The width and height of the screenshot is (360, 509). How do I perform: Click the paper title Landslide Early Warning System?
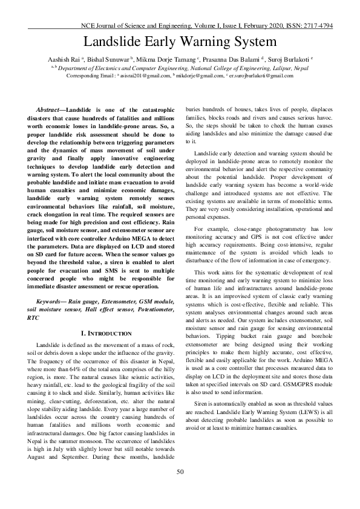pos(180,42)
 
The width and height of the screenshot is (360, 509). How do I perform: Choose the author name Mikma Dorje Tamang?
pos(166,60)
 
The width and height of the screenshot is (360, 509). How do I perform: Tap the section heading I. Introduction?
pos(106,333)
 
